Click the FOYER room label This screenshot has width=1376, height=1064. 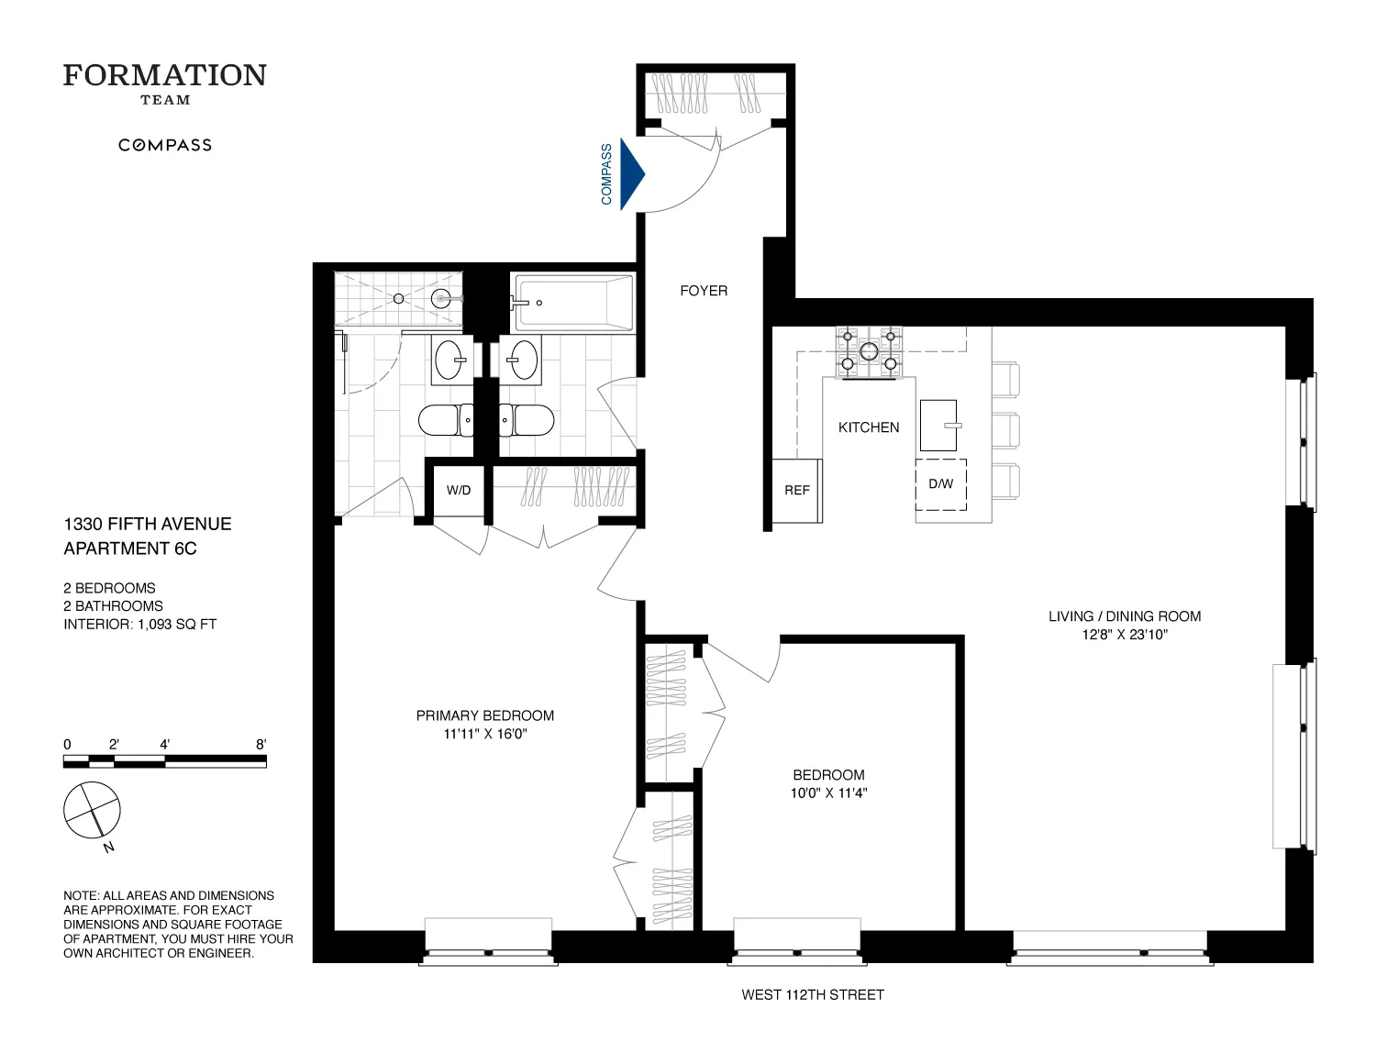point(704,291)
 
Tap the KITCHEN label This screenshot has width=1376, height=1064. point(869,427)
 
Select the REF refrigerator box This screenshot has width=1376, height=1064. point(796,491)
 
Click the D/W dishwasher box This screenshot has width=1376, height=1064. point(940,484)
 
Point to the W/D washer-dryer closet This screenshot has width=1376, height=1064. point(459,491)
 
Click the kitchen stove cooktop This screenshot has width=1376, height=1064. point(868,351)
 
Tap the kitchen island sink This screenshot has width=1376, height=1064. point(938,425)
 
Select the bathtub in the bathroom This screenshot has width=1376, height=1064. point(573,303)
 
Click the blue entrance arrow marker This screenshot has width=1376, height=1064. point(631,174)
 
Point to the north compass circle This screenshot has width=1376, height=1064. point(92,810)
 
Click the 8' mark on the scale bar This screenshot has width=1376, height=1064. point(261,745)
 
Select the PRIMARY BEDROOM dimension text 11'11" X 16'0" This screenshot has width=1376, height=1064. point(484,734)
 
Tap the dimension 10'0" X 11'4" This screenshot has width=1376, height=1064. point(828,793)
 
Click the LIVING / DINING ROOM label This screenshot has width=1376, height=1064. point(1125,616)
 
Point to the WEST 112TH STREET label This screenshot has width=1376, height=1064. point(813,994)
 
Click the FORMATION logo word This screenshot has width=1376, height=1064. point(165,75)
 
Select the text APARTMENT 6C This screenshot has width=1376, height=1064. point(130,549)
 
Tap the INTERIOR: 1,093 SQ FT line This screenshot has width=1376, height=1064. point(139,624)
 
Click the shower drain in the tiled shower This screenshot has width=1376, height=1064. point(398,299)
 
